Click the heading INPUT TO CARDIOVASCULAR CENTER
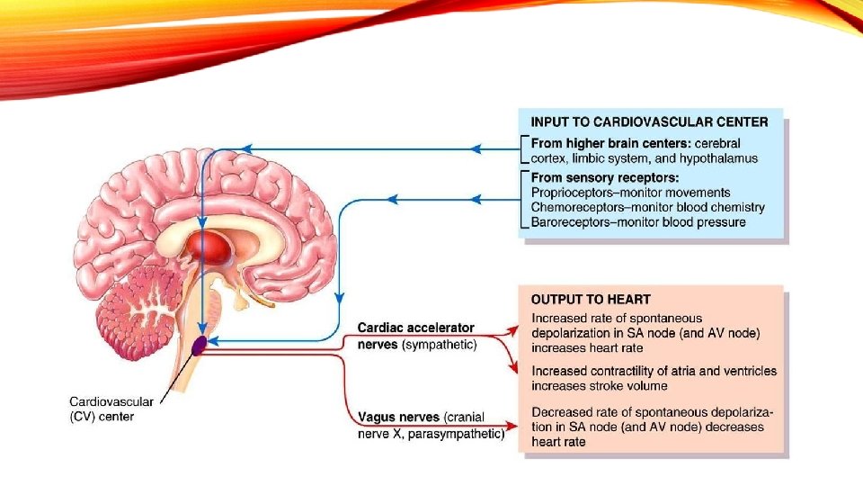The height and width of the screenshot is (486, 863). coord(649,122)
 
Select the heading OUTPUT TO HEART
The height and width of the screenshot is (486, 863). coord(591,299)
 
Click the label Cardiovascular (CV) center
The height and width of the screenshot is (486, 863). coord(111,409)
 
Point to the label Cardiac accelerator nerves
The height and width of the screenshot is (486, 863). coord(415,335)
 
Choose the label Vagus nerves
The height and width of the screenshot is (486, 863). coord(398,417)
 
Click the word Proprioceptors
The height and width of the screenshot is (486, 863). coord(574,193)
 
